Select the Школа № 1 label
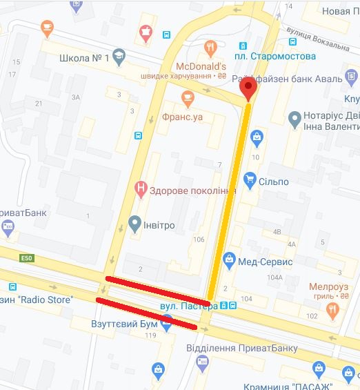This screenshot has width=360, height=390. tap(85, 58)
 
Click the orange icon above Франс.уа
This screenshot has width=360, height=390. tap(186, 97)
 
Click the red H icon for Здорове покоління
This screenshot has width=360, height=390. tap(141, 187)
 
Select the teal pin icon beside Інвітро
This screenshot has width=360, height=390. tap(135, 224)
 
